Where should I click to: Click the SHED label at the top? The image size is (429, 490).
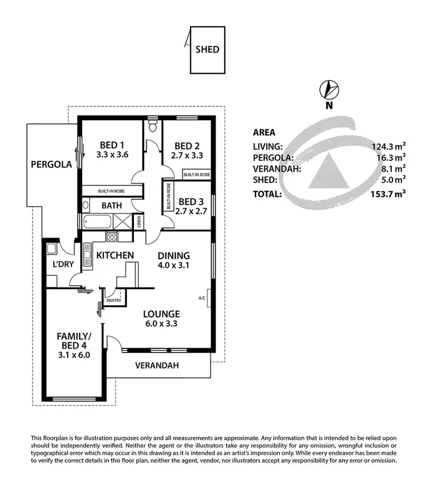(x=208, y=49)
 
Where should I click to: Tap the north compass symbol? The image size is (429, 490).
(x=329, y=90)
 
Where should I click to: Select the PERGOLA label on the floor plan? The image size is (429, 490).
(x=51, y=164)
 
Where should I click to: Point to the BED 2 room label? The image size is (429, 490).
(x=186, y=145)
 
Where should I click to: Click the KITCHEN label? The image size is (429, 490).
(x=114, y=255)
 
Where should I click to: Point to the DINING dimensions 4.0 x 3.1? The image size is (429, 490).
(x=174, y=265)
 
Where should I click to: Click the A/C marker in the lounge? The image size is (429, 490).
(x=202, y=298)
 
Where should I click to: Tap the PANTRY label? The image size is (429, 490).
(x=113, y=299)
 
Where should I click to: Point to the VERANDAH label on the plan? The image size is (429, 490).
(x=157, y=365)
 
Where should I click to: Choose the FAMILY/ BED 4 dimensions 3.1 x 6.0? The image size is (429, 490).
(x=74, y=354)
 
